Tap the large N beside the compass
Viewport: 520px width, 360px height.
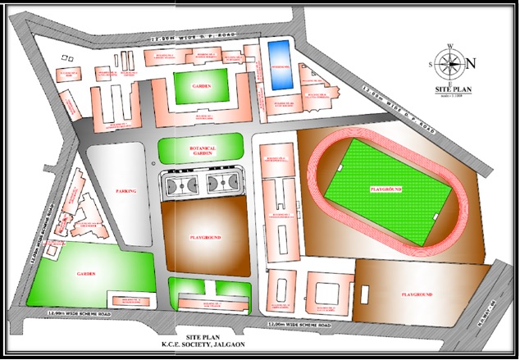(x=470, y=64)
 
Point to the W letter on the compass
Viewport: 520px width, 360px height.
(x=450, y=46)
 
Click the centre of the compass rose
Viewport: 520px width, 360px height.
(x=450, y=63)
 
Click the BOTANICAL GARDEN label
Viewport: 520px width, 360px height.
(x=201, y=151)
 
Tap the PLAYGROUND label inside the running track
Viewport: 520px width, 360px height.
(x=385, y=189)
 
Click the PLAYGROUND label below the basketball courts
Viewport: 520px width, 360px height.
(x=204, y=237)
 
